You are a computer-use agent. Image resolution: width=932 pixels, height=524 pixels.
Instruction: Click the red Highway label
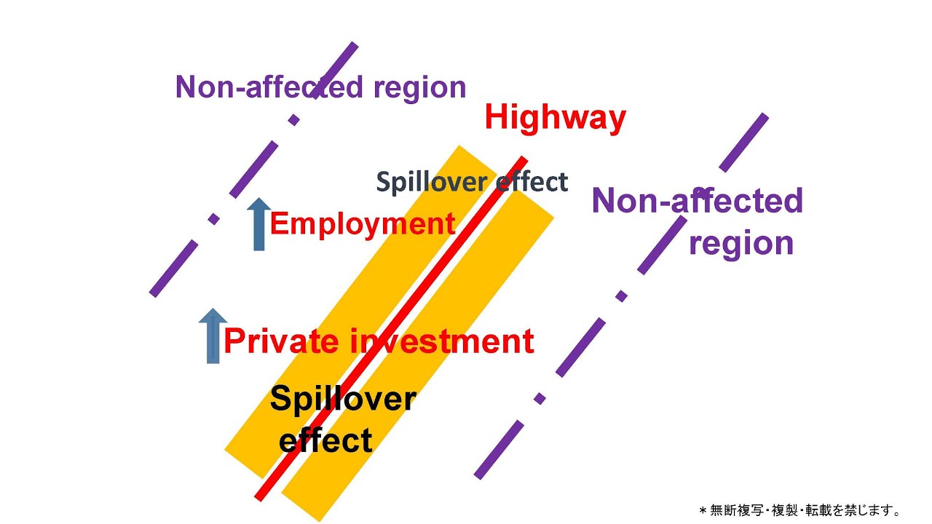pyautogui.click(x=555, y=117)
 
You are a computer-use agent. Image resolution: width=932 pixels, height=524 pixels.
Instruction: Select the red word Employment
pyautogui.click(x=362, y=224)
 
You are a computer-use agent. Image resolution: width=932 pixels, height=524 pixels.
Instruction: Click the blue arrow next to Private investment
pyautogui.click(x=213, y=336)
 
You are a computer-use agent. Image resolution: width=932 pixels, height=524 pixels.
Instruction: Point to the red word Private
pyautogui.click(x=281, y=341)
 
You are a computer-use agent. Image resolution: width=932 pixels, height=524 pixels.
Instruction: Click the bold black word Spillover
pyautogui.click(x=342, y=400)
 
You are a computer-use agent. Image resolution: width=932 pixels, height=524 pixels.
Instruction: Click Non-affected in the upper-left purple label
pyautogui.click(x=269, y=87)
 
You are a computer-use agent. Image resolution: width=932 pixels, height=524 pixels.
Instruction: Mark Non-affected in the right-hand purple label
pyautogui.click(x=697, y=200)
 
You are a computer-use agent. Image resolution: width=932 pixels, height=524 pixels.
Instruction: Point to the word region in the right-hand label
pyautogui.click(x=741, y=242)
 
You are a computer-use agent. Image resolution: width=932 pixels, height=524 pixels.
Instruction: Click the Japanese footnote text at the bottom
pyautogui.click(x=799, y=510)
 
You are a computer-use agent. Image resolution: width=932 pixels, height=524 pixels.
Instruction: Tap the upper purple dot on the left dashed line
pyautogui.click(x=294, y=120)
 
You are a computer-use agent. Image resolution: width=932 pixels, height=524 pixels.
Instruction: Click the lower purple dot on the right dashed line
pyautogui.click(x=540, y=399)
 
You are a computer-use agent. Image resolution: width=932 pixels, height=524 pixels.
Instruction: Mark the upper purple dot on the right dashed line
pyautogui.click(x=621, y=296)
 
